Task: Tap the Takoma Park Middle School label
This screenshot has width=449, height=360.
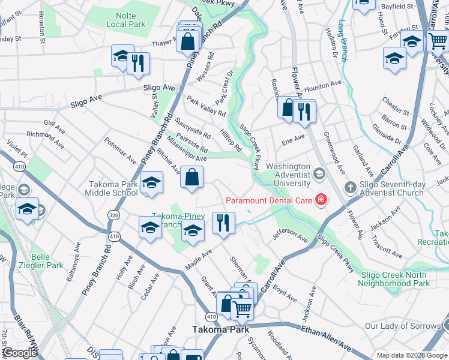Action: click(x=113, y=188)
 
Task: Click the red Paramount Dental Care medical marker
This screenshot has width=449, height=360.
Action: click(x=321, y=200)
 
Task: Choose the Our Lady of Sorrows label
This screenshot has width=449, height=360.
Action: click(x=402, y=326)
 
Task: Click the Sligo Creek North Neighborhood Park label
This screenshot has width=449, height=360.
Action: click(x=395, y=279)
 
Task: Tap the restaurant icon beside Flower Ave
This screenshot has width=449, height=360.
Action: click(x=305, y=110)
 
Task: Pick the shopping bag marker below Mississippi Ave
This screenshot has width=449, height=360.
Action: click(x=191, y=177)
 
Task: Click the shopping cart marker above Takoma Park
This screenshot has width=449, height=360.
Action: click(x=242, y=309)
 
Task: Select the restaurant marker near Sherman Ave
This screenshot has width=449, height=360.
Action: click(x=223, y=223)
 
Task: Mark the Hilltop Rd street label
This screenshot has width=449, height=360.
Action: click(x=230, y=141)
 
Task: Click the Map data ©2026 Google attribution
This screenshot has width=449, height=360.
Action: click(x=412, y=355)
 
